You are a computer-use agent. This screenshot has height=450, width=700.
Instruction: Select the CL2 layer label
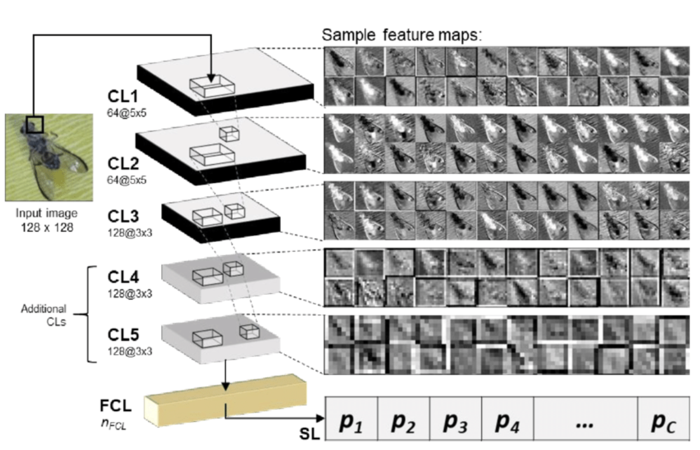(x=123, y=164)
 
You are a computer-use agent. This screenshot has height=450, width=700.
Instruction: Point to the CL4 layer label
(x=123, y=277)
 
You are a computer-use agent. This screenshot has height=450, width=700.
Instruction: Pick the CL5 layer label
(x=123, y=334)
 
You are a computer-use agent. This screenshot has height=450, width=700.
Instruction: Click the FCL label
(x=116, y=405)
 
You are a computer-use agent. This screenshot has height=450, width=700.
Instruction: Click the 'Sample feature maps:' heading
(x=402, y=35)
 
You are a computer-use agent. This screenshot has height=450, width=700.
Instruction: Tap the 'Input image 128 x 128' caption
(x=47, y=220)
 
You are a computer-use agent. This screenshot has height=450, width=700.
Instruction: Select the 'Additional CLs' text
(x=44, y=315)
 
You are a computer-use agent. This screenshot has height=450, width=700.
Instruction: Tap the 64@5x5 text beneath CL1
(x=127, y=113)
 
